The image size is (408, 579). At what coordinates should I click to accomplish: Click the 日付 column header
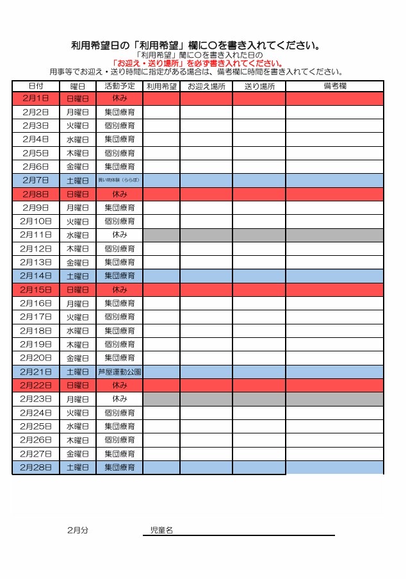[36, 86]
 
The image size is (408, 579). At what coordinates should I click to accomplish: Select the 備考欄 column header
[334, 86]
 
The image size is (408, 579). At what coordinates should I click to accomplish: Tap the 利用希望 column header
[161, 86]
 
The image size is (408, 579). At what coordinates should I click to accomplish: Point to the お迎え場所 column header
[206, 86]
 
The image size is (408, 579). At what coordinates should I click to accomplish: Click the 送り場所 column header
[259, 86]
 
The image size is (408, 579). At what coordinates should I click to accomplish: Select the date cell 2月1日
[36, 99]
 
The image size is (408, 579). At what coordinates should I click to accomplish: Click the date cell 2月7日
[36, 180]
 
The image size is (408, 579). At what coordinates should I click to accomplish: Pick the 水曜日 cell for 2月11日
[78, 235]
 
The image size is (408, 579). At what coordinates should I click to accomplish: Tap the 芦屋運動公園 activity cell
[120, 372]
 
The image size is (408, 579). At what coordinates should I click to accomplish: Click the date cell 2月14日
[36, 276]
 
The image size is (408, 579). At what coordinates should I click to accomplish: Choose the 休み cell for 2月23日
[120, 399]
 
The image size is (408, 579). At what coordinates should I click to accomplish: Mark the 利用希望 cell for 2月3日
[161, 126]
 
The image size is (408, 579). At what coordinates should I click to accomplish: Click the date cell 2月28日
[36, 467]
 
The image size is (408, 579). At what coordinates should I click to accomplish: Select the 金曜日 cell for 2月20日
[78, 358]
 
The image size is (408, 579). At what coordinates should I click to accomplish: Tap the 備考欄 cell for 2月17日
[334, 317]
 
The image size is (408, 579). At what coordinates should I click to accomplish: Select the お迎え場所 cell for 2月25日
[206, 426]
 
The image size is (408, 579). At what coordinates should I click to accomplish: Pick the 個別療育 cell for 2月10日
[120, 221]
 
